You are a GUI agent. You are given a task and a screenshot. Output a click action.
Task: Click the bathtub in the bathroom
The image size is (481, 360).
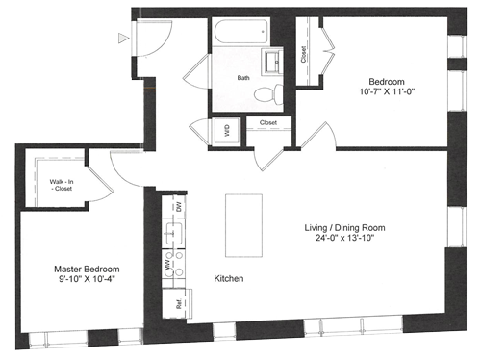240,32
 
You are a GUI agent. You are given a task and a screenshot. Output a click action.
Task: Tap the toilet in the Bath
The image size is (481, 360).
268,94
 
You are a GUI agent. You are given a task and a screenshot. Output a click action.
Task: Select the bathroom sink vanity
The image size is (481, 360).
272,62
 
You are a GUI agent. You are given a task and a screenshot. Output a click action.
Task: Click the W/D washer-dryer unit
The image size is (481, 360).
226,131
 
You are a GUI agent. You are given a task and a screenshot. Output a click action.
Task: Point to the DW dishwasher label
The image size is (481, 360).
179,206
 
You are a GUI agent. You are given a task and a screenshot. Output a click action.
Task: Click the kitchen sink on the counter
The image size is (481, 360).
174,233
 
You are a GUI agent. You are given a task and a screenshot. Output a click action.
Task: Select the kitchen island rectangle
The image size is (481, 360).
243,225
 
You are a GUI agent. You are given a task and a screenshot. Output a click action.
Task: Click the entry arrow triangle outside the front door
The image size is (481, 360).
123,38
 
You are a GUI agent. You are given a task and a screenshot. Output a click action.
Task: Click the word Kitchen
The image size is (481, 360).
229,278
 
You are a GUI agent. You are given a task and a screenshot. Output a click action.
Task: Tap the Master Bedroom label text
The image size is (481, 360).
87,269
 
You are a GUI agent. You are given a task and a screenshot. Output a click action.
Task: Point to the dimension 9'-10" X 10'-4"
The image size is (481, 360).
87,279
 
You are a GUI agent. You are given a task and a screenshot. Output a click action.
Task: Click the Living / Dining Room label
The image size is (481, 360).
344,228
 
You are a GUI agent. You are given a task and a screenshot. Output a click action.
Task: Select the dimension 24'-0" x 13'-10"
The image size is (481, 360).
345,238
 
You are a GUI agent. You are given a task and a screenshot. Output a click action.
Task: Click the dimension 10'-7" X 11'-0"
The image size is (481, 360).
387,91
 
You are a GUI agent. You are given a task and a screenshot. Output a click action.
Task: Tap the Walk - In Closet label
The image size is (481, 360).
62,185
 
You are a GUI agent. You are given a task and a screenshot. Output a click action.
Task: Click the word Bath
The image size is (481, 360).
243,78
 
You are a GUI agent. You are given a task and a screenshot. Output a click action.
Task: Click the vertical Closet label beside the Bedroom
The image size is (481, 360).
303,55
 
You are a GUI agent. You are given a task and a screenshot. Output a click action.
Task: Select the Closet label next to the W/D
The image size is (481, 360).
268,122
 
